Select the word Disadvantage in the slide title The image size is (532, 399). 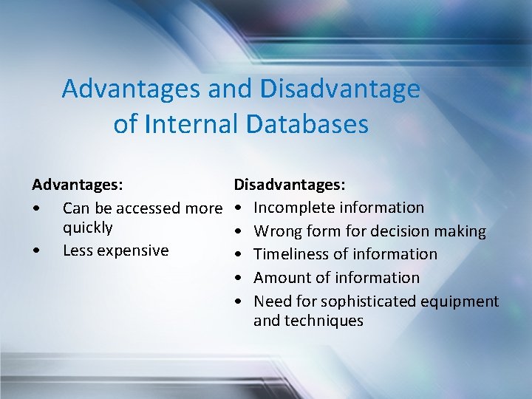(x=340, y=89)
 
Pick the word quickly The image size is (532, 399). (x=88, y=227)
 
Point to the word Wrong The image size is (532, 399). (x=278, y=231)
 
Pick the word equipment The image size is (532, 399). (x=460, y=301)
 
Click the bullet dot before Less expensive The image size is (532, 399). (x=37, y=250)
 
